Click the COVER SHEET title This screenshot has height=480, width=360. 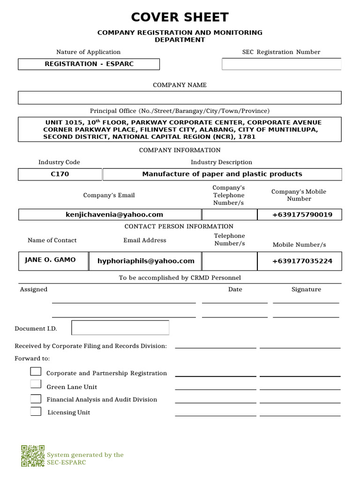tap(180, 18)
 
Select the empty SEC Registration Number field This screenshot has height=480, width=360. tap(281, 64)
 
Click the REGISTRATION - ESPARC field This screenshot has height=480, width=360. tap(89, 64)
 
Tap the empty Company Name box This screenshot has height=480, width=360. tap(180, 97)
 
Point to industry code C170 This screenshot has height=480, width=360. tap(60, 174)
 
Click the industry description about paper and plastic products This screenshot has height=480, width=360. tap(222, 174)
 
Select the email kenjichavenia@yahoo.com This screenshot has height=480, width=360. tap(114, 215)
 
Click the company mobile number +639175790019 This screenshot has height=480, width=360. tap(302, 215)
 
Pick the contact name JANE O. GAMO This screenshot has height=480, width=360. tap(50, 260)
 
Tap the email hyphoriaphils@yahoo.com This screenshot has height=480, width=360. tap(146, 261)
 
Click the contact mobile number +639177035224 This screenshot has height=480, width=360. tap(302, 261)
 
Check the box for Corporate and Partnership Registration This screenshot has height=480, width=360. tap(36, 372)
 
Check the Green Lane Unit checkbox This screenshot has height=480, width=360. tap(36, 384)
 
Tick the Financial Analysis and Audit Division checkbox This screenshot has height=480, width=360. tap(36, 399)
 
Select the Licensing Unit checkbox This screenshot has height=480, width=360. tap(36, 412)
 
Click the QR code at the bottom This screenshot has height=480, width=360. tap(33, 456)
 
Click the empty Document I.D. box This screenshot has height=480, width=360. tap(120, 328)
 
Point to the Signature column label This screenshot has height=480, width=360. tap(306, 290)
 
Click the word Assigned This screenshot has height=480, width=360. tap(34, 290)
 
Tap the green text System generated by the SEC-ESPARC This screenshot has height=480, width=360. tap(85, 458)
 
